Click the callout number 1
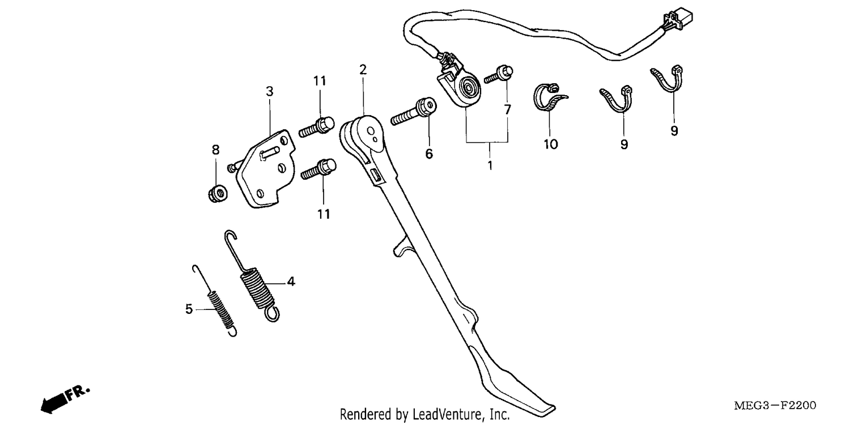[490, 165]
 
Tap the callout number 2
[363, 70]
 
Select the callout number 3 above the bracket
[269, 91]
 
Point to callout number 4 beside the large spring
[291, 281]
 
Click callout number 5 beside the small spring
[189, 309]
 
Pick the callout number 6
[429, 154]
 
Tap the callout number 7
[507, 110]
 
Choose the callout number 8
[215, 150]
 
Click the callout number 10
[551, 144]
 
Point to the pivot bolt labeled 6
[414, 112]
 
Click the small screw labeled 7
[499, 74]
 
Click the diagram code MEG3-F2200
[775, 405]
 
